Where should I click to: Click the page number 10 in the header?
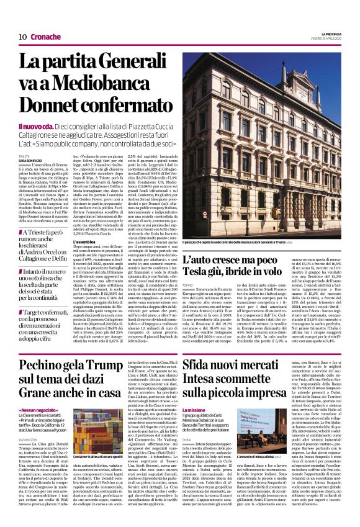pos(22,37)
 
